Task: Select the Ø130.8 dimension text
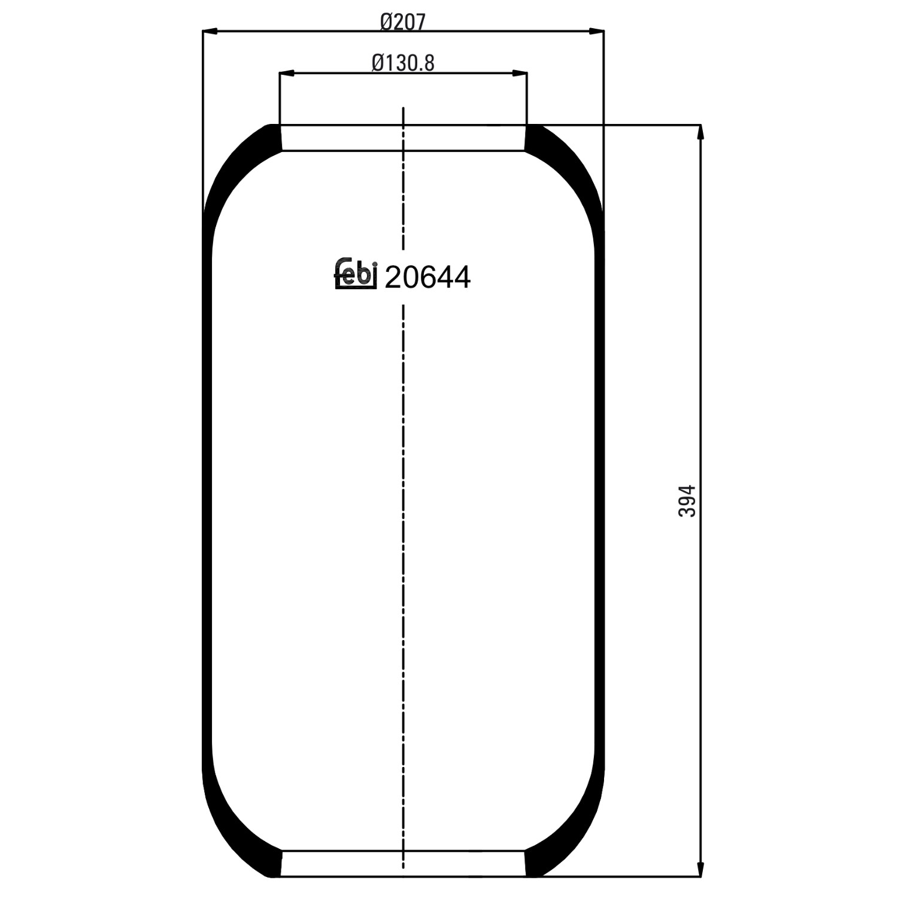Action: (403, 62)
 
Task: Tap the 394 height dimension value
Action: (687, 501)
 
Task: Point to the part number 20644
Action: (427, 277)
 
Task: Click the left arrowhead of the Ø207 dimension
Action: (210, 31)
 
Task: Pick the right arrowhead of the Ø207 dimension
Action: (596, 31)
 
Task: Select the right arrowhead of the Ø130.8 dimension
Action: (520, 74)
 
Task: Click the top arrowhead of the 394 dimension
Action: (700, 132)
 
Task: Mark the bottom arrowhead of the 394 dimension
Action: (700, 869)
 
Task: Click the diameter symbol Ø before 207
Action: (386, 22)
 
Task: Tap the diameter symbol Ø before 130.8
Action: (378, 62)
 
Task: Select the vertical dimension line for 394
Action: (700, 389)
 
